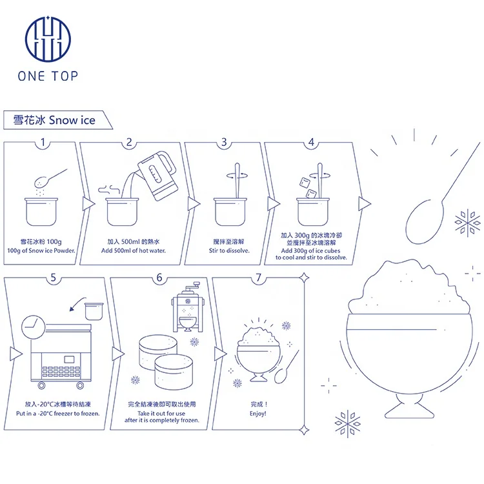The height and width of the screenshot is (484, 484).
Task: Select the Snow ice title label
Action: (x=54, y=120)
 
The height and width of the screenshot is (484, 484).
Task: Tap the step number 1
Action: (x=43, y=143)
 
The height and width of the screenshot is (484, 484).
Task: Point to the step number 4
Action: (x=311, y=143)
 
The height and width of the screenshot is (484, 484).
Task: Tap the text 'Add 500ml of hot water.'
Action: (x=130, y=250)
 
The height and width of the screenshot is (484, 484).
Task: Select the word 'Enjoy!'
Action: (x=259, y=412)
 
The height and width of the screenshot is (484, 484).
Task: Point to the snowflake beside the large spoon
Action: (x=468, y=223)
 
